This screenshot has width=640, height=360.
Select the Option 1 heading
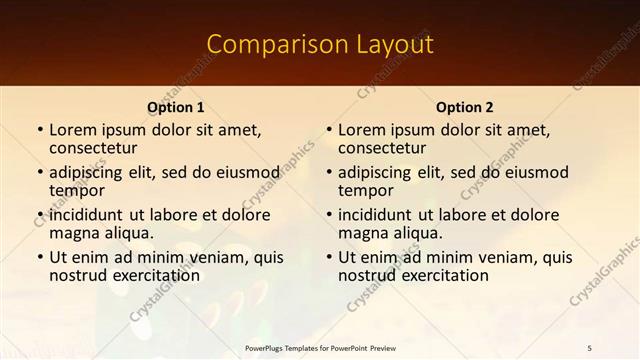point(176,107)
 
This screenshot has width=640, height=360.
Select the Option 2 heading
point(464,107)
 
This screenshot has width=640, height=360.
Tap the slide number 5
point(589,347)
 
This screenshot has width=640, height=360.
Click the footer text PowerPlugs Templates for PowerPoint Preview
point(320,347)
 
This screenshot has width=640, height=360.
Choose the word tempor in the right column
point(365,190)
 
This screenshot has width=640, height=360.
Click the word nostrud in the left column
point(78,275)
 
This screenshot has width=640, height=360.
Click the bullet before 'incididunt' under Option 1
point(39,215)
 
